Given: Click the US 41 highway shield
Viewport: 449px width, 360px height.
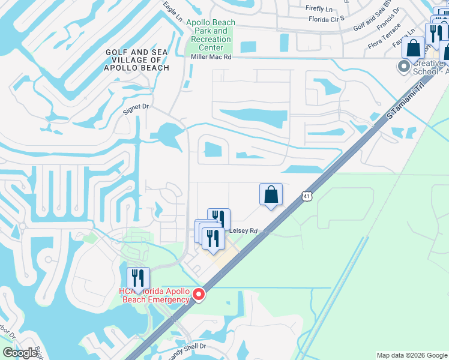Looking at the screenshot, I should point(306,196).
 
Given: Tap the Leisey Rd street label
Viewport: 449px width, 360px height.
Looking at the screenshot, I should point(243,230).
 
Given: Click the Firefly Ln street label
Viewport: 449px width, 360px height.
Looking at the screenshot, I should point(319,8).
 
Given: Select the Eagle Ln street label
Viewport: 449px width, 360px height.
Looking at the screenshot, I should point(172,13).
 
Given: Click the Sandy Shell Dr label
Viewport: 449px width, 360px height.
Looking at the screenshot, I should point(186,346).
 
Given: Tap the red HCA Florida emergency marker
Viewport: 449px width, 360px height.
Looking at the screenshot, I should point(199,295).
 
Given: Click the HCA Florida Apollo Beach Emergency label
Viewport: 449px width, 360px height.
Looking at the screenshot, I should point(154,295).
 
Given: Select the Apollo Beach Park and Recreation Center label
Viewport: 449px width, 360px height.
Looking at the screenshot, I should point(211,35).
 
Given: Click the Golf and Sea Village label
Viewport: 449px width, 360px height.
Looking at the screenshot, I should point(137,60).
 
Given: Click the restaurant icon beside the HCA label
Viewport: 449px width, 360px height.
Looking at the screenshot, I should point(138,278).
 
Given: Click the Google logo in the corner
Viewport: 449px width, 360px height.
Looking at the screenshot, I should point(20,353).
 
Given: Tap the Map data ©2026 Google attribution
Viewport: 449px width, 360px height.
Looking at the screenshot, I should point(412,355).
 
